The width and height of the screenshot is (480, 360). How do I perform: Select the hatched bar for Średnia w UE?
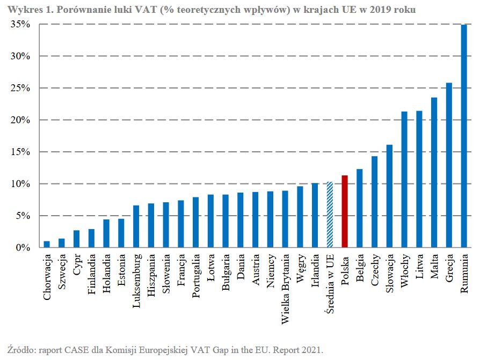[x=330, y=215]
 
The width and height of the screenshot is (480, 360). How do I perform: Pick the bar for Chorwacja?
[x=47, y=245]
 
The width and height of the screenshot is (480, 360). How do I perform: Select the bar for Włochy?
[x=404, y=180]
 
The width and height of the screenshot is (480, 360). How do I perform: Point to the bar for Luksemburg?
[x=136, y=226]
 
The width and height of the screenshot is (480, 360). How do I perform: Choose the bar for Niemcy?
[x=270, y=219]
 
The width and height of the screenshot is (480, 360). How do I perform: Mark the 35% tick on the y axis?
[x=20, y=25]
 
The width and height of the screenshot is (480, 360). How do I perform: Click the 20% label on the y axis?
[x=20, y=120]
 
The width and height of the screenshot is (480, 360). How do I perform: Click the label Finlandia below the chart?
[x=92, y=275]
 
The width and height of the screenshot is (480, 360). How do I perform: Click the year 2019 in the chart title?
[x=388, y=10]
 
